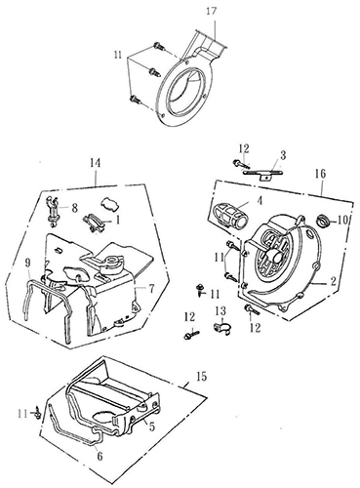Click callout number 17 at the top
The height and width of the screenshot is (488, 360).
click(211, 12)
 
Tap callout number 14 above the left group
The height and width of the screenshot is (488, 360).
click(95, 163)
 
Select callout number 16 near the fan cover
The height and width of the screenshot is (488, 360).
click(320, 174)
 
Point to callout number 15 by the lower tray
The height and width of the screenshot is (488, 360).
click(201, 377)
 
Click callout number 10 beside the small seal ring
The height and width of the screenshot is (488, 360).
click(342, 221)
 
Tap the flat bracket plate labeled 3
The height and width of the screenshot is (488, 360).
click(263, 173)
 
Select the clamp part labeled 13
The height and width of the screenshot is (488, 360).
click(221, 328)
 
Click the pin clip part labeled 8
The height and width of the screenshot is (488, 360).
click(53, 211)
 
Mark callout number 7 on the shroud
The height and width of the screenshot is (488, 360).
click(151, 289)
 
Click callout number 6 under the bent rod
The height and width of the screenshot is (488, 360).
click(100, 456)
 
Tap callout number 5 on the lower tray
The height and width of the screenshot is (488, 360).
click(152, 427)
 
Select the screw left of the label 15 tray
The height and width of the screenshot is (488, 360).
click(38, 413)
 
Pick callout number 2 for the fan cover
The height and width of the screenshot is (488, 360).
click(333, 282)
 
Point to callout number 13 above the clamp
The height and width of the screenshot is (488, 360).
click(220, 311)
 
